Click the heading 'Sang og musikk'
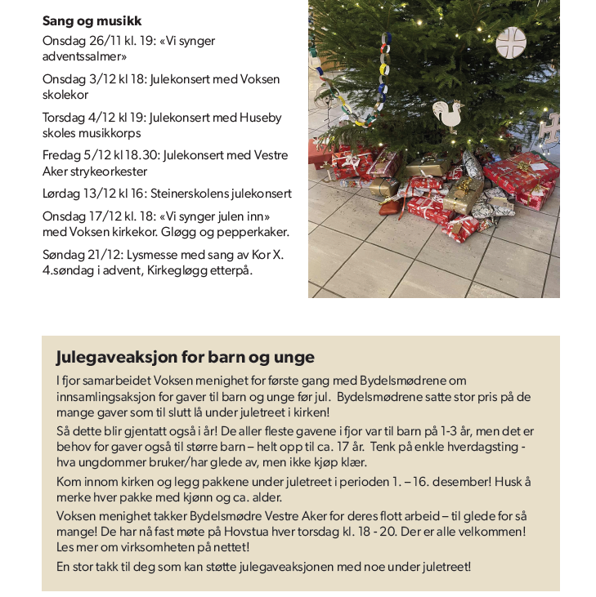(x=92, y=20)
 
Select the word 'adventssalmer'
(x=84, y=56)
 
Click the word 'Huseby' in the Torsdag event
(x=259, y=118)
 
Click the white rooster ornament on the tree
(x=446, y=115)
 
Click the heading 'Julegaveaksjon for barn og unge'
(x=185, y=358)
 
